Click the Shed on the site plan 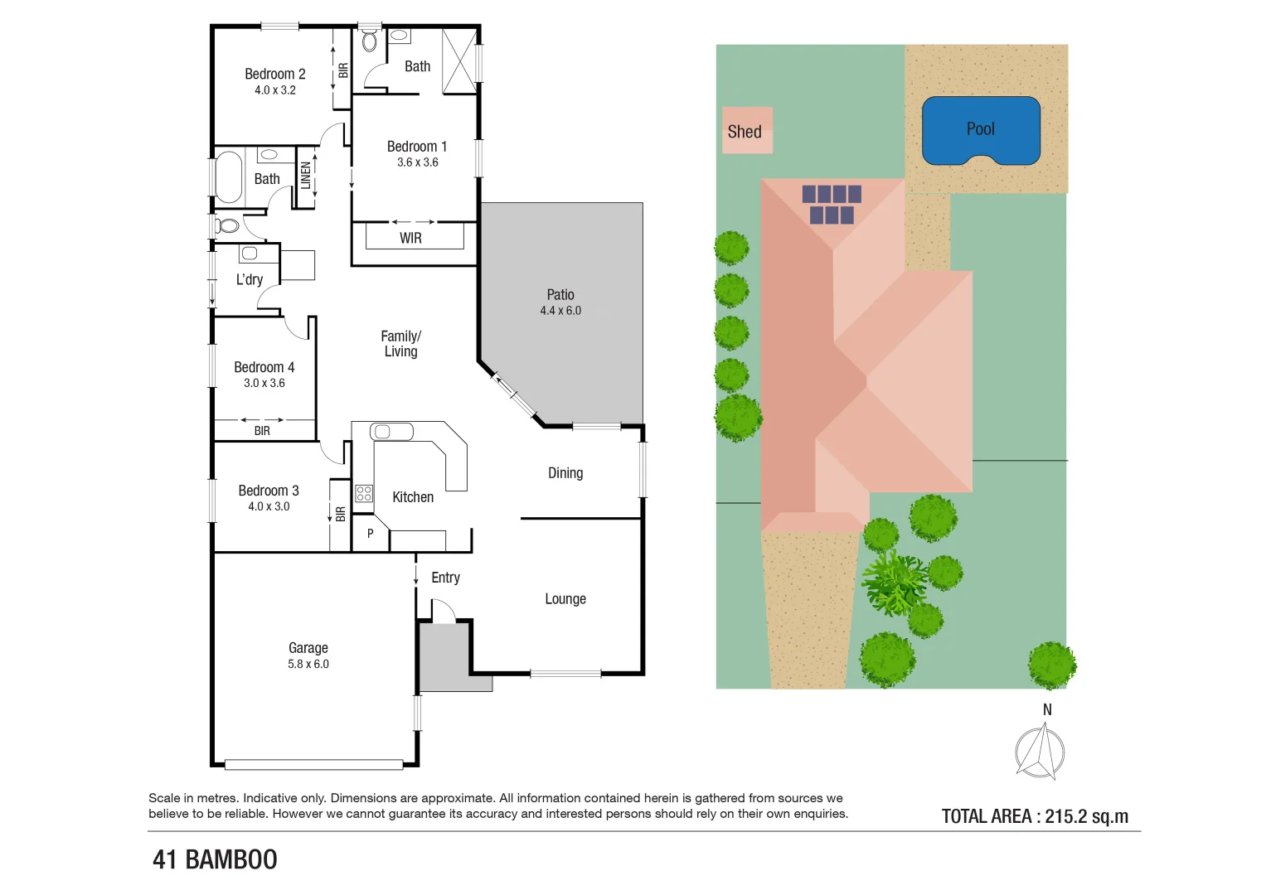coord(747,130)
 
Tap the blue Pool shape coord(981,131)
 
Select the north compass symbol coord(1040,751)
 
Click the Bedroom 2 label coord(275,74)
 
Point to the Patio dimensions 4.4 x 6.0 coord(560,311)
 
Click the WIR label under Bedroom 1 coord(410,238)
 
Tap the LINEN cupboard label coord(306,176)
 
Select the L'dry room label coord(250,279)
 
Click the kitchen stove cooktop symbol coord(364,494)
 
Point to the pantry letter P coord(371,534)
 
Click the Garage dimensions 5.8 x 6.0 coord(308,664)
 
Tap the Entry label coord(445,578)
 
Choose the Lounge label coord(565,598)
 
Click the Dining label coord(565,472)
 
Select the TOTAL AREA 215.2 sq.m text coord(1035,816)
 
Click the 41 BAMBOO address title coord(215,859)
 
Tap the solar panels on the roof coord(831,204)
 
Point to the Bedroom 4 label coord(264,367)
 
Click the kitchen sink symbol coord(391,431)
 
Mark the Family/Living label coord(401,343)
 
